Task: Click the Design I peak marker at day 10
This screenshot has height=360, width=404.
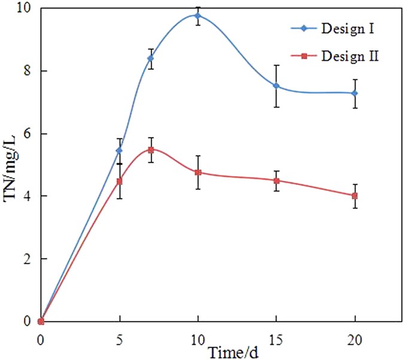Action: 198,16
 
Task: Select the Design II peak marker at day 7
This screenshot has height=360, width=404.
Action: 151,150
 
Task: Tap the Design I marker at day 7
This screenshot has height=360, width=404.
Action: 151,58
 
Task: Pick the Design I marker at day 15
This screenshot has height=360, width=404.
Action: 276,86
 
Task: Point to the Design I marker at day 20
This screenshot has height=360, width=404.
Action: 355,93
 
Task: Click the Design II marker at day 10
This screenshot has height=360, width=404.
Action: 198,172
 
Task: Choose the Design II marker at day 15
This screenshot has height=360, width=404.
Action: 276,180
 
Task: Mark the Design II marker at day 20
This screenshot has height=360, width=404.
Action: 355,196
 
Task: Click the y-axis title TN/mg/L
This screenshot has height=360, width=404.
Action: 13,168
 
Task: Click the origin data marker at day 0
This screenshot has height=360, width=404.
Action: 41,321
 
